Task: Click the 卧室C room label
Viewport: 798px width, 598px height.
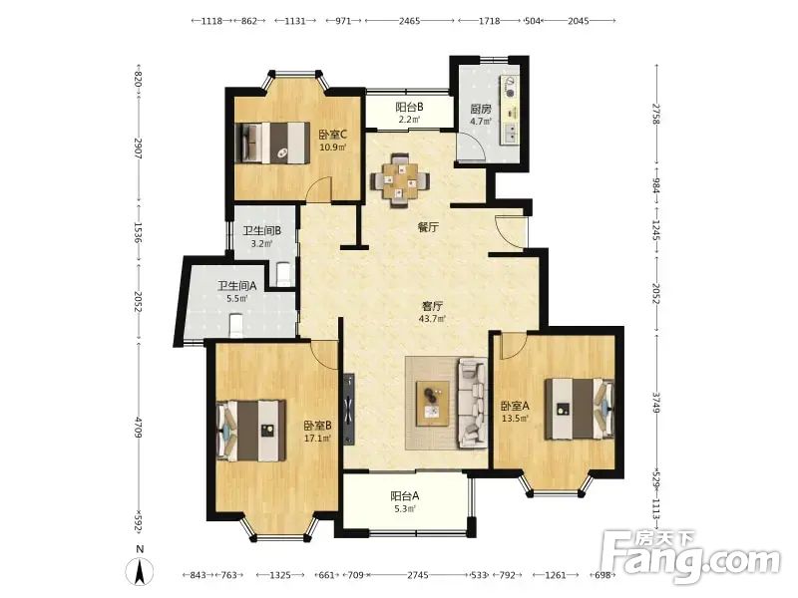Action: pyautogui.click(x=333, y=135)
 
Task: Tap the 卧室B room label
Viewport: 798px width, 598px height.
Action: pyautogui.click(x=318, y=426)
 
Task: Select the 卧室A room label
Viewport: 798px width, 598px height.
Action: pyautogui.click(x=515, y=406)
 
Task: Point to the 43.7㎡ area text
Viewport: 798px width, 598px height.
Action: pyautogui.click(x=432, y=319)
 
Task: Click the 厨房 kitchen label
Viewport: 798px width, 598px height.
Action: pyautogui.click(x=481, y=109)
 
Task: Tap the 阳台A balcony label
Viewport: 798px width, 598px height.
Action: pyautogui.click(x=405, y=495)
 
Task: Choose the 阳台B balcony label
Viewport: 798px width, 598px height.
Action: pyautogui.click(x=409, y=108)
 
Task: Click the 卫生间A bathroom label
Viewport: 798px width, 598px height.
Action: pyautogui.click(x=237, y=286)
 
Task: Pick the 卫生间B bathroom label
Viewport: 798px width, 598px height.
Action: pyautogui.click(x=261, y=231)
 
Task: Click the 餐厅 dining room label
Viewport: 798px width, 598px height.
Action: pyautogui.click(x=428, y=227)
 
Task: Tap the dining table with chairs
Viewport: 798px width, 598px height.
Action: pyautogui.click(x=400, y=180)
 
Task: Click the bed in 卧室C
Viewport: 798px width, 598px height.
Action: pyautogui.click(x=273, y=143)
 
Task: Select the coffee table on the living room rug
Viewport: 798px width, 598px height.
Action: pyautogui.click(x=433, y=403)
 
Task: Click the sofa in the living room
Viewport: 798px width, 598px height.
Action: pyautogui.click(x=473, y=403)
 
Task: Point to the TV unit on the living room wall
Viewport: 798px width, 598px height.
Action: pyautogui.click(x=349, y=410)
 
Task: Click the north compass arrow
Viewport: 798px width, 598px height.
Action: pyautogui.click(x=140, y=571)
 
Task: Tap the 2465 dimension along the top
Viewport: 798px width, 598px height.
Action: pyautogui.click(x=409, y=21)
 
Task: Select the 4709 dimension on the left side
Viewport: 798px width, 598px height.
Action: pyautogui.click(x=138, y=428)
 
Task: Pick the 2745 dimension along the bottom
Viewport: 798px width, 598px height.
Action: pyautogui.click(x=418, y=575)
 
